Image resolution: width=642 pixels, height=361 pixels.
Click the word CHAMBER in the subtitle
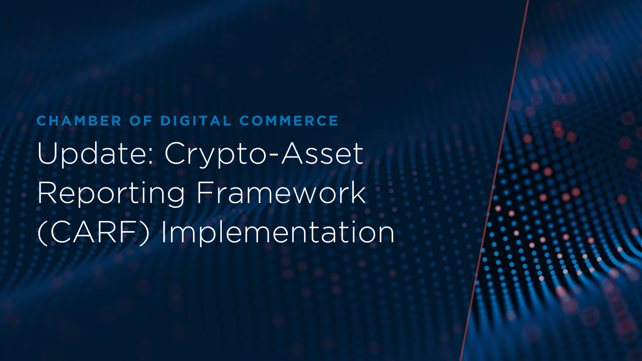(79, 121)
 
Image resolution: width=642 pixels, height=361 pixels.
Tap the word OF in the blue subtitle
(141, 121)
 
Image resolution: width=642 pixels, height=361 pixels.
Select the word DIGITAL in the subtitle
(196, 121)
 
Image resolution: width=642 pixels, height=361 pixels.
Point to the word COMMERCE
(289, 121)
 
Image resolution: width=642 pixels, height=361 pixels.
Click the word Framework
(281, 193)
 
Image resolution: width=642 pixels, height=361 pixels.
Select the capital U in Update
(47, 154)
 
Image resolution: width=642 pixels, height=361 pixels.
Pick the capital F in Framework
(203, 193)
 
